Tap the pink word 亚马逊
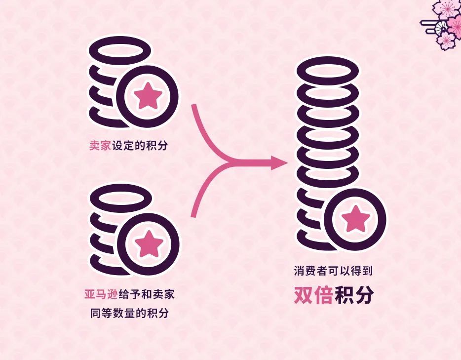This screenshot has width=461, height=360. (100, 295)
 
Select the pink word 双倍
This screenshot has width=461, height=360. (313, 295)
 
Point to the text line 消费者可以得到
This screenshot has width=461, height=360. (334, 271)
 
